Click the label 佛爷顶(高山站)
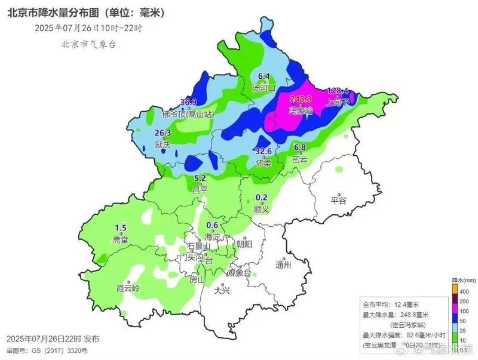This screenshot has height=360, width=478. coord(186,113)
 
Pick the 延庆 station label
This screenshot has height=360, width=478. coord(163,144)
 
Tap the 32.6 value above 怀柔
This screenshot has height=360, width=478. coord(263,151)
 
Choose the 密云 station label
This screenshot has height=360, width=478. coord(300,159)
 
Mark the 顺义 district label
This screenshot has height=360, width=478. coord(261,209)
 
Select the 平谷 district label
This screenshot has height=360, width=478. coord(338,201)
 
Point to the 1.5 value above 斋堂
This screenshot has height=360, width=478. coord(121,228)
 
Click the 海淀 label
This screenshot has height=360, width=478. coord(212,236)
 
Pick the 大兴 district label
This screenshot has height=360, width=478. coord(221,291)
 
